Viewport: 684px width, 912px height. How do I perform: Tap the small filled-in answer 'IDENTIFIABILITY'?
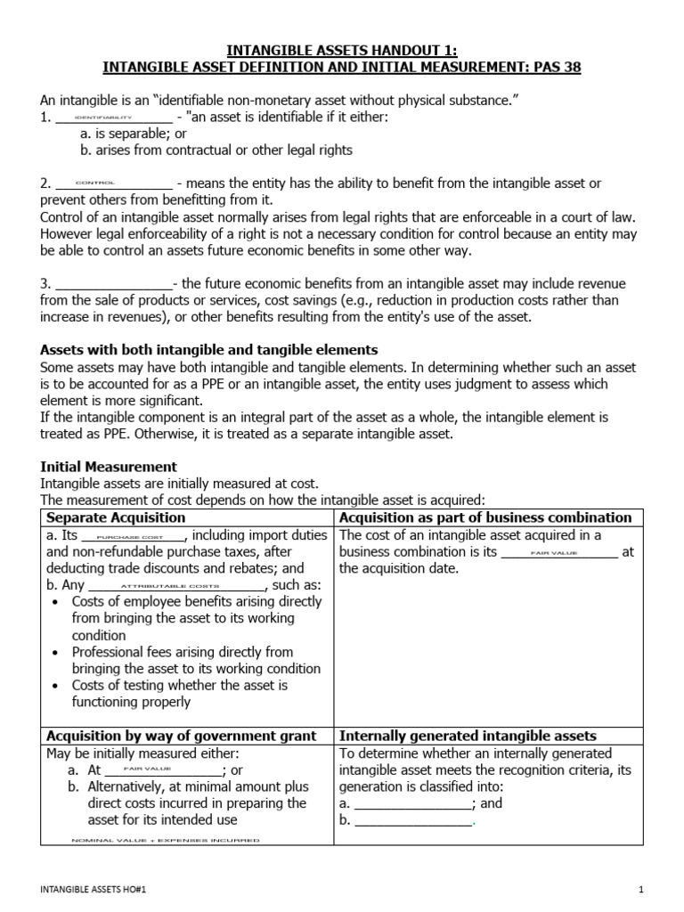click(x=103, y=118)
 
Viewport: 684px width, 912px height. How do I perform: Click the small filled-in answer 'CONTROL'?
click(x=95, y=183)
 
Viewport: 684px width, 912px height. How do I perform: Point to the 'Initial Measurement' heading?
click(x=110, y=467)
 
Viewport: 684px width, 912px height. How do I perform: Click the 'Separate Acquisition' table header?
click(x=116, y=517)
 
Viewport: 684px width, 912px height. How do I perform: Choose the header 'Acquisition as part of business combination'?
click(x=485, y=517)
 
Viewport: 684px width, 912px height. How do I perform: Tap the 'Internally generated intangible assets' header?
click(x=468, y=736)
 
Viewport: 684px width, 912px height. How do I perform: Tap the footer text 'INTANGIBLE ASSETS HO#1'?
click(x=87, y=889)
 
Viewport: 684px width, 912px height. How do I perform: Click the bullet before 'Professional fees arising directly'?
click(x=55, y=652)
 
